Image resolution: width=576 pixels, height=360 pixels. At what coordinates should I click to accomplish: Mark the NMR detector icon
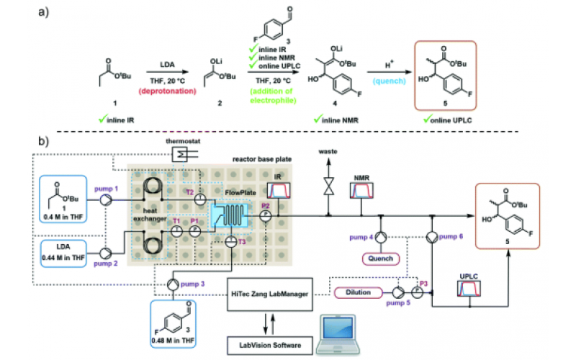pyautogui.click(x=361, y=191)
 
